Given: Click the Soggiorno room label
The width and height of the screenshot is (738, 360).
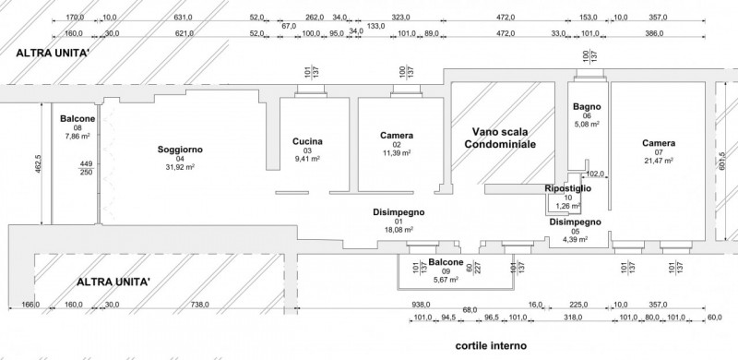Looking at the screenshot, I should pos(180,149).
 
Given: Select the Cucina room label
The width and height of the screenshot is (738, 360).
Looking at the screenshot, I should pos(306,141).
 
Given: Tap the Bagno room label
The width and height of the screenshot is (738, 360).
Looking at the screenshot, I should pos(587,105).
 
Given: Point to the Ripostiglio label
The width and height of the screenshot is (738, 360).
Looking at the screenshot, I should pos(568,188).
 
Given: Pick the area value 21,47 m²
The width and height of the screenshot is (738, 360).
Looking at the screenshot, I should pos(659,162).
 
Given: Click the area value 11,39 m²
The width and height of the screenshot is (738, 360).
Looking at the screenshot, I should pos(396,154).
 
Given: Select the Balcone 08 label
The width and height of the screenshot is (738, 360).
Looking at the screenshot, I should pos(77,119).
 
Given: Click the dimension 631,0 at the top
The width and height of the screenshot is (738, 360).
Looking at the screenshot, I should pos(184,17).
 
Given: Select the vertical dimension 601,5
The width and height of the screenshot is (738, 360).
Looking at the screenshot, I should pos(722,166).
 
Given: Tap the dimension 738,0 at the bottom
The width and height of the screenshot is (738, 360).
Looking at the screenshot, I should pos(199,305).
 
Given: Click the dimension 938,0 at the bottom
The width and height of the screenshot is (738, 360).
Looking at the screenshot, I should pos(423,305).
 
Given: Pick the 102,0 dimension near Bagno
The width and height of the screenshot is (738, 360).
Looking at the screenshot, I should pos(595,172).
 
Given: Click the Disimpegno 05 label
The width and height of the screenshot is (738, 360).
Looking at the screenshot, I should pos(576,222).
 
